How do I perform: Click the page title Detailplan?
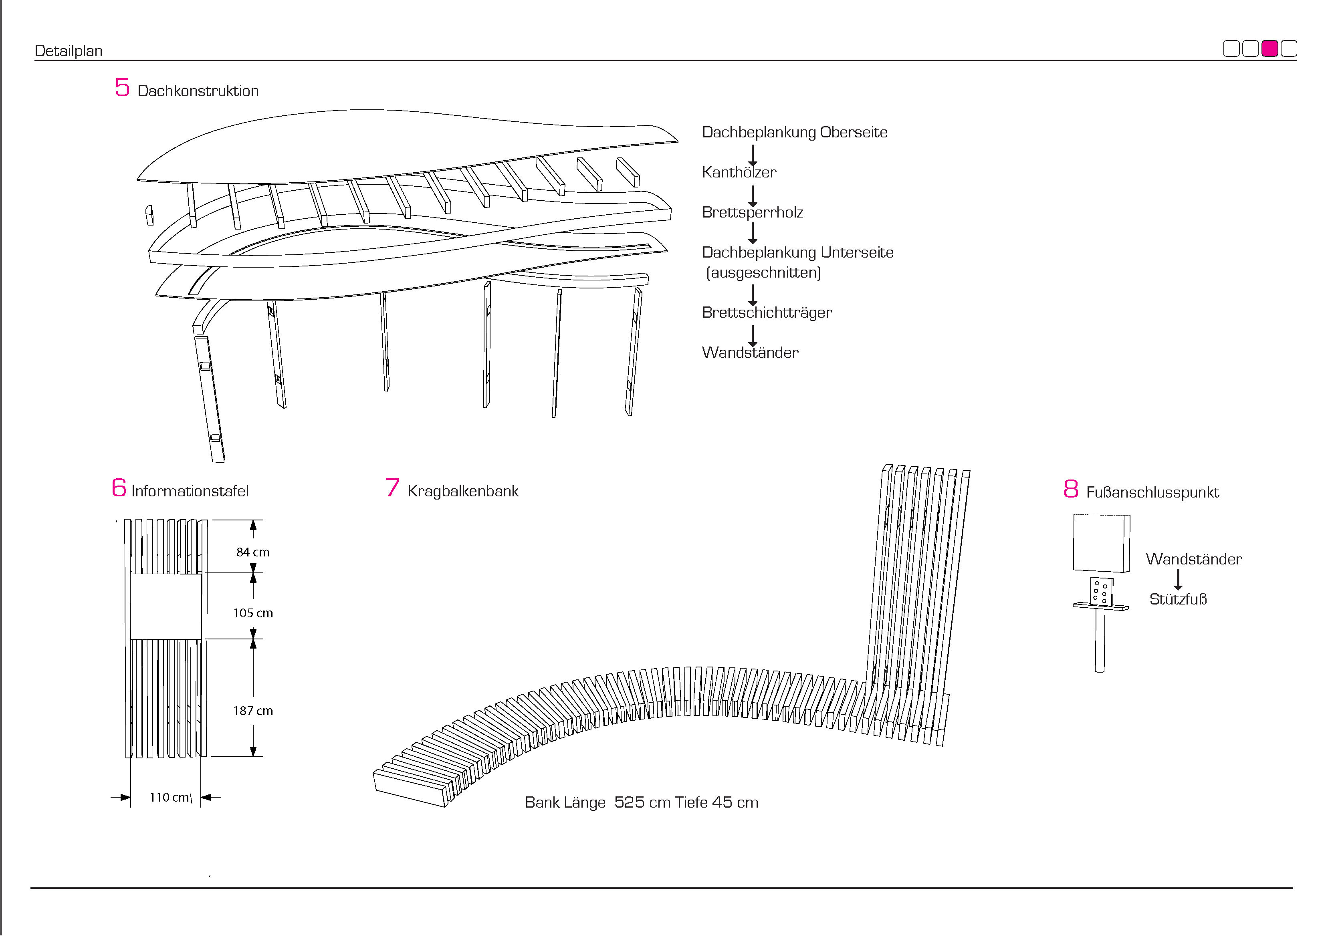point(68,51)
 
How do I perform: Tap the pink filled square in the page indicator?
point(1269,48)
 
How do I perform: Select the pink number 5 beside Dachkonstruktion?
point(122,88)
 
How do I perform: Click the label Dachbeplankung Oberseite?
point(795,132)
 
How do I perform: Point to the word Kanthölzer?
point(739,172)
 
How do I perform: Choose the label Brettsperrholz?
point(752,212)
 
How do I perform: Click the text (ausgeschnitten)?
point(763,272)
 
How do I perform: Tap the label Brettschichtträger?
point(766,312)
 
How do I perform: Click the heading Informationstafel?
point(190,491)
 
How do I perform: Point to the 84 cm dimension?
point(252,552)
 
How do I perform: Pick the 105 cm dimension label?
point(252,613)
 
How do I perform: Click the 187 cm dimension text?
point(252,711)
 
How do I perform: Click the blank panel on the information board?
point(166,606)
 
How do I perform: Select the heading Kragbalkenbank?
point(462,491)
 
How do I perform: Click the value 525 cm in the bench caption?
point(642,802)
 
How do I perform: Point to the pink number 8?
point(1071,489)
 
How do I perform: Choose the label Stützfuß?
point(1178,599)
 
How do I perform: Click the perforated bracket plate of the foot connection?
point(1101,592)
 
